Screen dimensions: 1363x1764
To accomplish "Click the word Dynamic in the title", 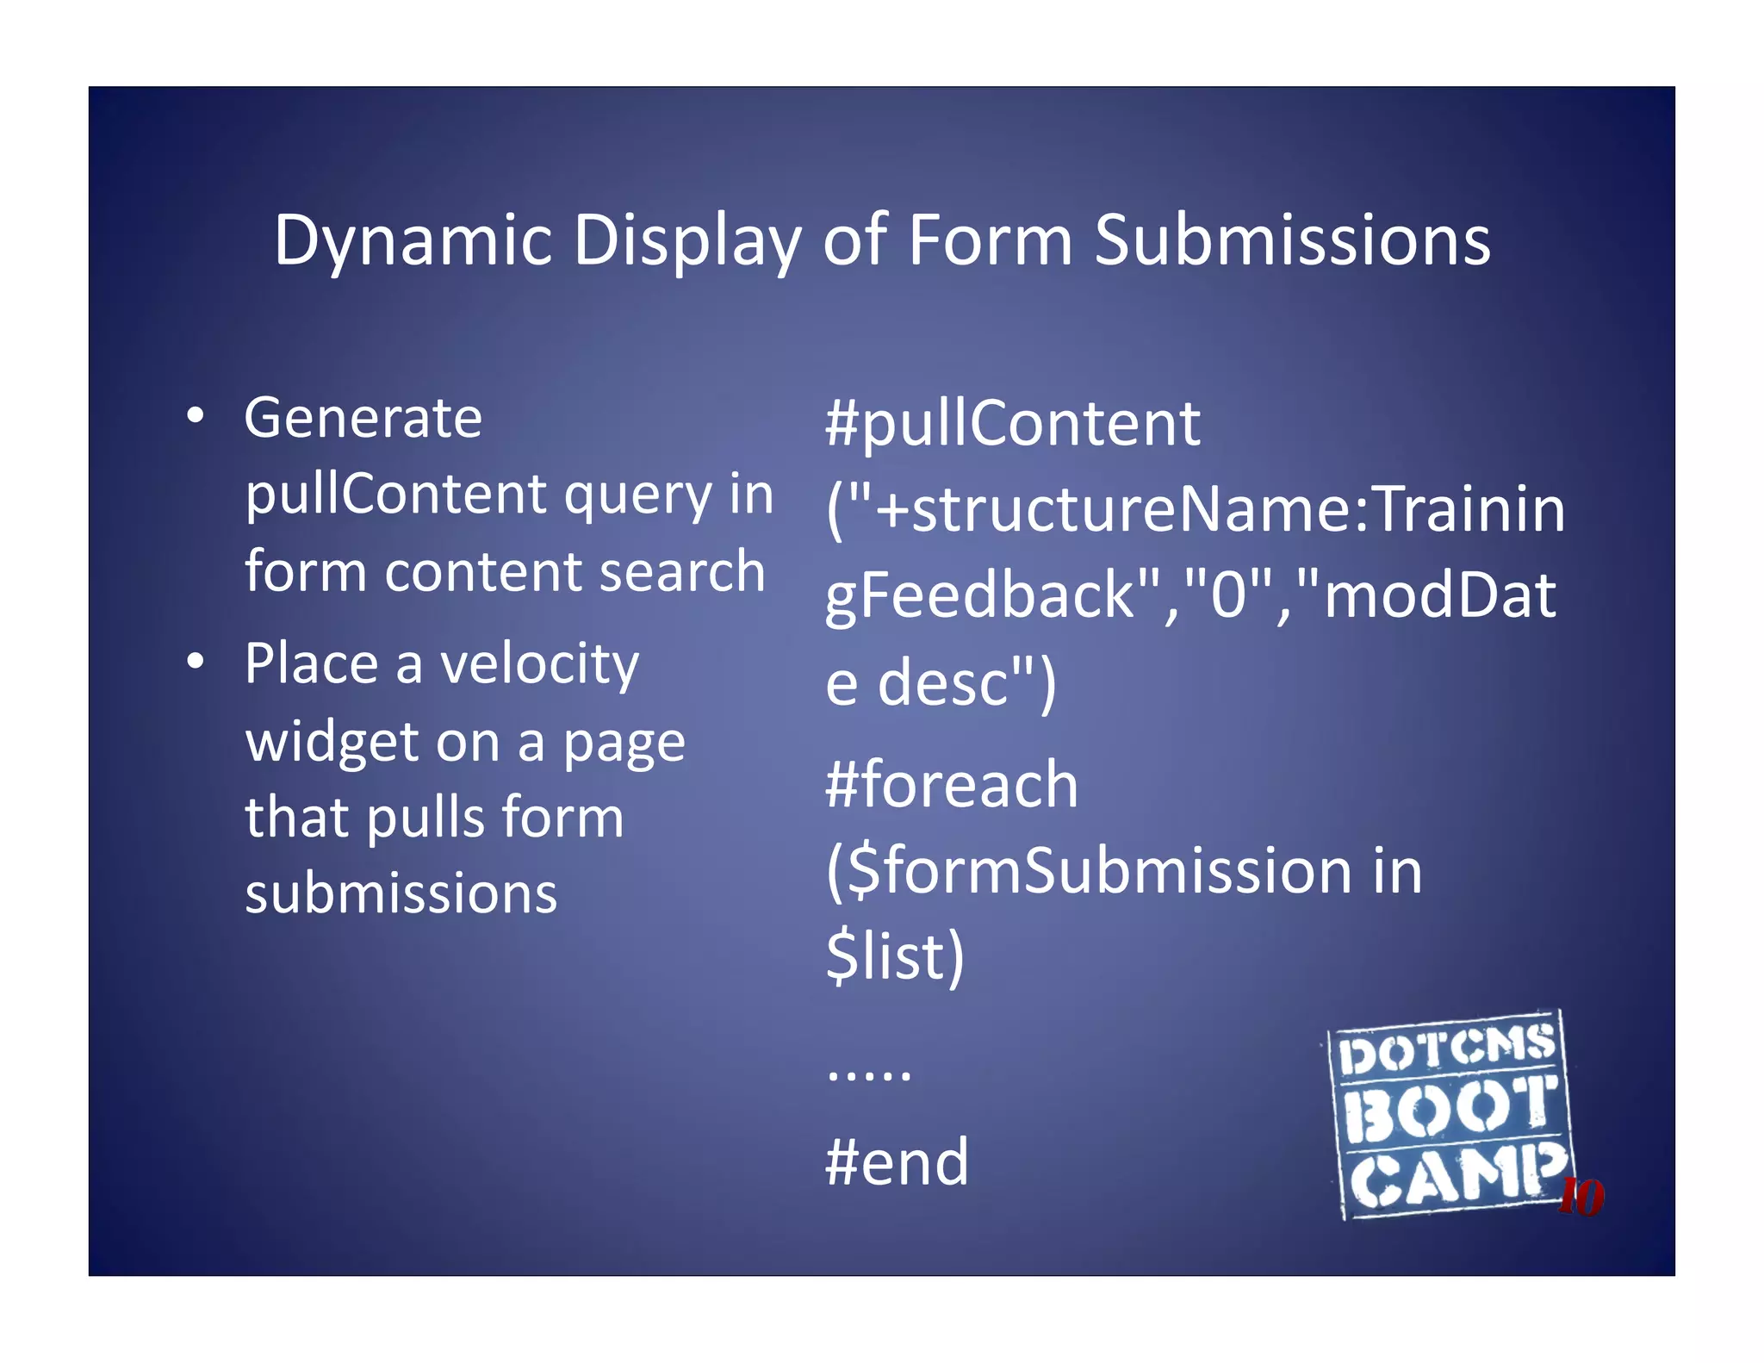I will (413, 241).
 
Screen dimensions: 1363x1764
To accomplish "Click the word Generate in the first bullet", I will (363, 419).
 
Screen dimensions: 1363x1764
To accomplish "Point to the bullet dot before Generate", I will (196, 416).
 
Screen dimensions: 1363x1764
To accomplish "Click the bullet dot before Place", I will (196, 662).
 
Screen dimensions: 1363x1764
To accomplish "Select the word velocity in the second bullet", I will (539, 665).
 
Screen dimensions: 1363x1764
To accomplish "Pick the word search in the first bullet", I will (681, 571).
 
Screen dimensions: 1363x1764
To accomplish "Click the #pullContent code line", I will (1012, 423).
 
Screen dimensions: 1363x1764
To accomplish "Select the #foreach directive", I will (951, 785).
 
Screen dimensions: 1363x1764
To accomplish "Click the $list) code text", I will (895, 955).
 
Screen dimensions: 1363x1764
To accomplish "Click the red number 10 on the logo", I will (1581, 1197).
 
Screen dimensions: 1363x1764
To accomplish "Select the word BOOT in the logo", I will (1450, 1111).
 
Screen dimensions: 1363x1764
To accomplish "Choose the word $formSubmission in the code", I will (1090, 871).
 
